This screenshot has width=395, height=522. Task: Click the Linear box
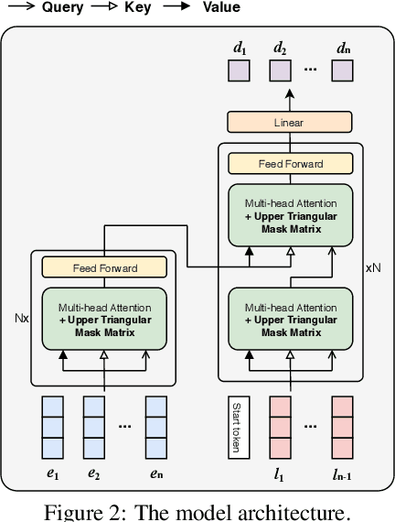(288, 122)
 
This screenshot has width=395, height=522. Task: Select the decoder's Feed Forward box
(290, 164)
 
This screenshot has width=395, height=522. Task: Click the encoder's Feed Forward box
(105, 268)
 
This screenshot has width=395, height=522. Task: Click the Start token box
(238, 428)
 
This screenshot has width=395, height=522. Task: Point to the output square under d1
(238, 71)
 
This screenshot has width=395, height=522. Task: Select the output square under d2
(279, 71)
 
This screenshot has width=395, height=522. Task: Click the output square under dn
(342, 71)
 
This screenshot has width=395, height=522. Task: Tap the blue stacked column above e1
(53, 428)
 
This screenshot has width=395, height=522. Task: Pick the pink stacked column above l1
(279, 428)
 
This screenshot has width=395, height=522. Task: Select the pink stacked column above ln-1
(342, 428)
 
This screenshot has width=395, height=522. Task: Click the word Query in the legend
(61, 8)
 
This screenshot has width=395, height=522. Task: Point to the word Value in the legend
(220, 8)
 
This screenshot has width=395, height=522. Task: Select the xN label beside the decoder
(373, 268)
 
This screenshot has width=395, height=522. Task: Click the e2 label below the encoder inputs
(94, 474)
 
